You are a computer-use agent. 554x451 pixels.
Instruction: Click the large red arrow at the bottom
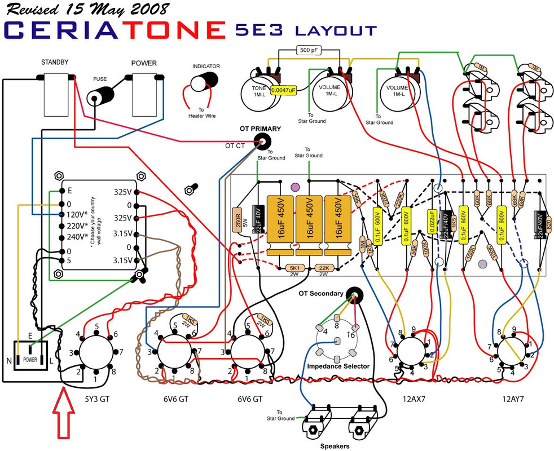tap(62, 415)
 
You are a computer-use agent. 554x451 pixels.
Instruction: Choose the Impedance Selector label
tap(338, 366)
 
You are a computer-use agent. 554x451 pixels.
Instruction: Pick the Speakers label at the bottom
tap(336, 446)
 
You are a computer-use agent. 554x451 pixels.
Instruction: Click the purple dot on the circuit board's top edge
tap(294, 187)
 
